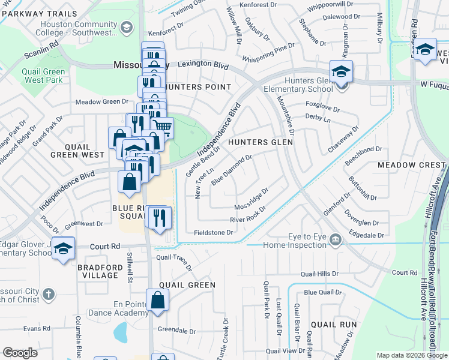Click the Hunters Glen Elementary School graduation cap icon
[x=341, y=72]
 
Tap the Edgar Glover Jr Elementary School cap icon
[x=63, y=248]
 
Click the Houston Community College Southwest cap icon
[x=127, y=27]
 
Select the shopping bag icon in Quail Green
[x=157, y=299]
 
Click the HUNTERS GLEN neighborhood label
[x=260, y=142]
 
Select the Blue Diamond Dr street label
[x=231, y=169]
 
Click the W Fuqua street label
[x=434, y=86]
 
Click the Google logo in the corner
[x=20, y=353]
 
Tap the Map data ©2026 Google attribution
[x=411, y=355]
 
